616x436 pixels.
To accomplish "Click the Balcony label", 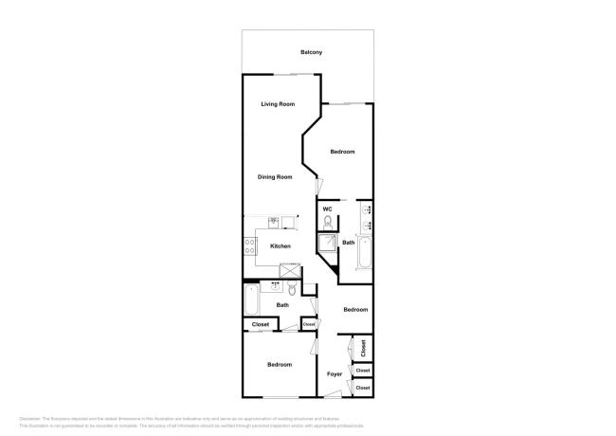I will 311,52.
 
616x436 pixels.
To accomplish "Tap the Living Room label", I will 278,104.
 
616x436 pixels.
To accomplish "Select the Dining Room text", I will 275,177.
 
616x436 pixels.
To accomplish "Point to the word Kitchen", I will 281,246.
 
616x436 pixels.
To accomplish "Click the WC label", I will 327,209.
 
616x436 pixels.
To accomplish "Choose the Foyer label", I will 335,374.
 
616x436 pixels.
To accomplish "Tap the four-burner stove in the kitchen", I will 250,246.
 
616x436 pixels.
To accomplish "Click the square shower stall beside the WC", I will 327,245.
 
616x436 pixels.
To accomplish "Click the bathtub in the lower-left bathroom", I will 252,302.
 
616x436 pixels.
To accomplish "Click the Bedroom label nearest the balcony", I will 342,152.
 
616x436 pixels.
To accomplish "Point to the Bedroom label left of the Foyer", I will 279,365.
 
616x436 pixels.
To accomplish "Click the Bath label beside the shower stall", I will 349,243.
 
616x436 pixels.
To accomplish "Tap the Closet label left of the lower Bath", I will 261,325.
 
